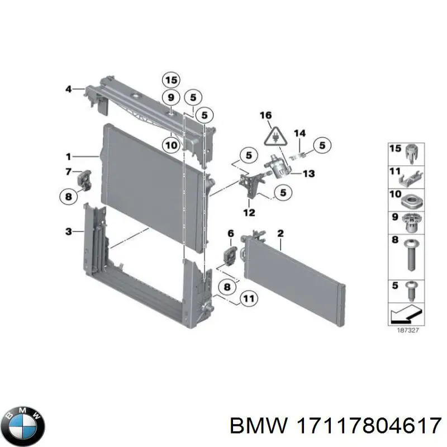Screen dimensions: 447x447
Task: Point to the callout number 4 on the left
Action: [x=69, y=88]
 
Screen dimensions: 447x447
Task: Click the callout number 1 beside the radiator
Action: [x=68, y=156]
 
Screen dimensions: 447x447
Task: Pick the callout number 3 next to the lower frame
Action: [x=68, y=231]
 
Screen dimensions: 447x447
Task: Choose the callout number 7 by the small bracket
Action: [x=68, y=171]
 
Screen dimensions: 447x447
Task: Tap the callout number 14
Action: [x=300, y=133]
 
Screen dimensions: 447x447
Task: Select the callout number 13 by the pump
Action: [x=308, y=174]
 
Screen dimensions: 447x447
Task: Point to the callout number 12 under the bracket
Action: [x=249, y=212]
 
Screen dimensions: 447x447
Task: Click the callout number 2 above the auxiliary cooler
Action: [x=280, y=232]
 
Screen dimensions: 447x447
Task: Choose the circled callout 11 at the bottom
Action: [x=248, y=299]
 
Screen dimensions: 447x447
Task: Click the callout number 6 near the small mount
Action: [x=230, y=233]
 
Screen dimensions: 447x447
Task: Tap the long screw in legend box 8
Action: [x=412, y=256]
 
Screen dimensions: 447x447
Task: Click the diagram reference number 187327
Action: [x=409, y=330]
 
